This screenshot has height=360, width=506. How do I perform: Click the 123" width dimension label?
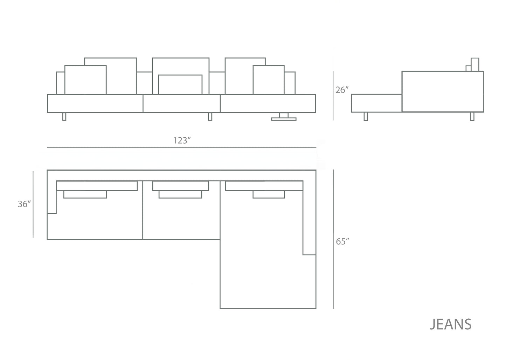tap(182, 140)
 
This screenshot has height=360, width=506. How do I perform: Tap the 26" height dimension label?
tap(342, 90)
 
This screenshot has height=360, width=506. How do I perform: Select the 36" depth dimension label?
tap(25, 204)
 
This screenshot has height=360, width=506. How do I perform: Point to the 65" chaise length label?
tap(342, 241)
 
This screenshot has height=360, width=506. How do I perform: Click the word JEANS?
tap(451, 325)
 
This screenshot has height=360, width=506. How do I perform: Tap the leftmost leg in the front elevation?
tap(64, 116)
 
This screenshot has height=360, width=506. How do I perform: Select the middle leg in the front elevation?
tap(210, 116)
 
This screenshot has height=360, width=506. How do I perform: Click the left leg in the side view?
tap(366, 116)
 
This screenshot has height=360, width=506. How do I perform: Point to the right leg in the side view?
tap(472, 116)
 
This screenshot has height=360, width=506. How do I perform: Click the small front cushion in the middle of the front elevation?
tap(180, 84)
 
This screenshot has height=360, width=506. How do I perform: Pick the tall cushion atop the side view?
tap(475, 64)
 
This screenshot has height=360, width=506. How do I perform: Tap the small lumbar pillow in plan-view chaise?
tap(269, 194)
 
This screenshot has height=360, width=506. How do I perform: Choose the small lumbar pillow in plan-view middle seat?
tap(180, 194)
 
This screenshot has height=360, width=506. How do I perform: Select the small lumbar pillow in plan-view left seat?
tap(85, 194)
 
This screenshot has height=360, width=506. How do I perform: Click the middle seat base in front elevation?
tap(181, 103)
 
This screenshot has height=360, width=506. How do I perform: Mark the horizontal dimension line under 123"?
tap(182, 148)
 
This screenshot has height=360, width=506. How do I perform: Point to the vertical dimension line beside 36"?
tap(33, 204)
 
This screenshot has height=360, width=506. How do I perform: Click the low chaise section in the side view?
tap(376, 103)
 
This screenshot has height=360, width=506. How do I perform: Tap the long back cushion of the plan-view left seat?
tap(97, 186)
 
